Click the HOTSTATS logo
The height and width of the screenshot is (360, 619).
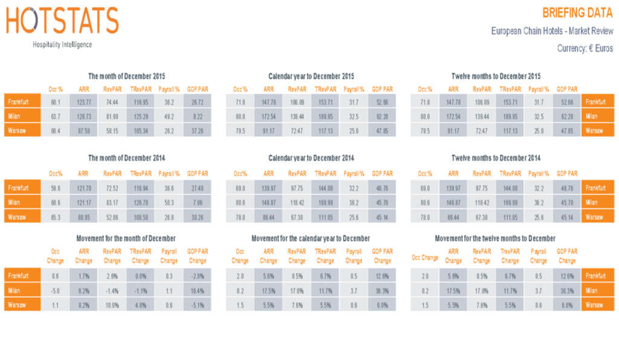click(x=62, y=22)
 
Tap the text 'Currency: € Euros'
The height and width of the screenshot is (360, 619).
click(x=585, y=49)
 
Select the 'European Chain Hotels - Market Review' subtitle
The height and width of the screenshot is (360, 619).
click(x=552, y=31)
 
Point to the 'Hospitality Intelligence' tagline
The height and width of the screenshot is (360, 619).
click(x=62, y=45)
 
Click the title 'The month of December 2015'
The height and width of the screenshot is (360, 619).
click(x=126, y=76)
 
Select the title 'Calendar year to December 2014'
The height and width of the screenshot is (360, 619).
click(x=311, y=158)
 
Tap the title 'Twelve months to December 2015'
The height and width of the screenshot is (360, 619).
click(x=496, y=76)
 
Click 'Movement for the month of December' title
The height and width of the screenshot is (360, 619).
click(x=126, y=239)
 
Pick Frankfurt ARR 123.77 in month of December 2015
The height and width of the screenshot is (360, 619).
click(x=84, y=102)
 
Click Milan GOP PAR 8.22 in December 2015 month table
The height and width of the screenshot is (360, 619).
click(x=197, y=116)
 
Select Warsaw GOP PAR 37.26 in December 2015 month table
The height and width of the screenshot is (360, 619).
click(x=197, y=130)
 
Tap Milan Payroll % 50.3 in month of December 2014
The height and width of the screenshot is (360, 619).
click(x=169, y=203)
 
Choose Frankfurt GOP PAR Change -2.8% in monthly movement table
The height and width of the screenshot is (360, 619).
click(x=197, y=276)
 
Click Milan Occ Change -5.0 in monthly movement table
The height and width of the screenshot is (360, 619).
click(x=56, y=291)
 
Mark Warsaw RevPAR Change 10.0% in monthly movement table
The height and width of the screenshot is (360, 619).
click(x=112, y=305)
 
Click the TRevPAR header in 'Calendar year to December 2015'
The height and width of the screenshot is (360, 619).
click(x=325, y=89)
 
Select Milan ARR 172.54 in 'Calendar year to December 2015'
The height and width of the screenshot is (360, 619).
click(x=268, y=116)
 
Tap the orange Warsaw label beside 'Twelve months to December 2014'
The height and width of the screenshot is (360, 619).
click(x=597, y=217)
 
